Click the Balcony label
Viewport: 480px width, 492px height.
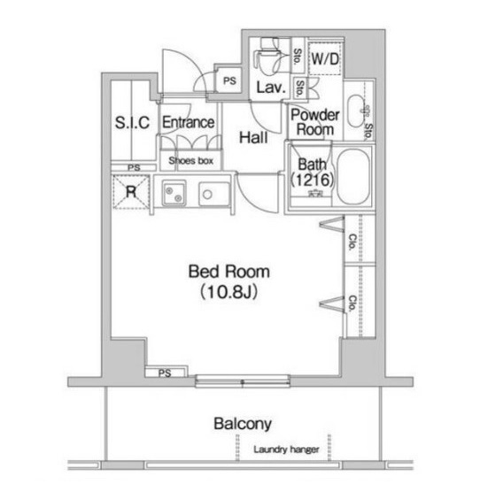[x=243, y=424]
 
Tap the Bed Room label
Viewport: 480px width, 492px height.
[x=229, y=272]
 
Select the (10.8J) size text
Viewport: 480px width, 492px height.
[x=229, y=292]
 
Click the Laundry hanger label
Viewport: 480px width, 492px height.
[x=286, y=450]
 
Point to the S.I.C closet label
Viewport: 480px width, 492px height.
[x=132, y=122]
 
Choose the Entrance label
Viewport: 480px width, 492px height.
[x=189, y=122]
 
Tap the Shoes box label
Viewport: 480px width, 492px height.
[x=191, y=161]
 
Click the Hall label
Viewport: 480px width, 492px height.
[x=253, y=138]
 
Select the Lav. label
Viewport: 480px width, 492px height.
[x=271, y=88]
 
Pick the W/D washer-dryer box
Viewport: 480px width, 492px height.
[x=325, y=58]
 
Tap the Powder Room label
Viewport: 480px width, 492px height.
[x=315, y=122]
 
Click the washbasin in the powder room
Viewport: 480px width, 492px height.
[x=357, y=111]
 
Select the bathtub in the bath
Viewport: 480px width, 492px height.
[x=353, y=176]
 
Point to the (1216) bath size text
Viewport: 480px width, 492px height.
[x=312, y=180]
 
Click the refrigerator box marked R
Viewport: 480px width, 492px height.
[x=131, y=192]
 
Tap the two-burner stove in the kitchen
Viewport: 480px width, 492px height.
[x=174, y=193]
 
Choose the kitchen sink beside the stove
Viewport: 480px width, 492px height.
[x=214, y=194]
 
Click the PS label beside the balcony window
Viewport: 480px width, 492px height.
[x=165, y=373]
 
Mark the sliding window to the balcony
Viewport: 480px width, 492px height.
[x=242, y=381]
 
